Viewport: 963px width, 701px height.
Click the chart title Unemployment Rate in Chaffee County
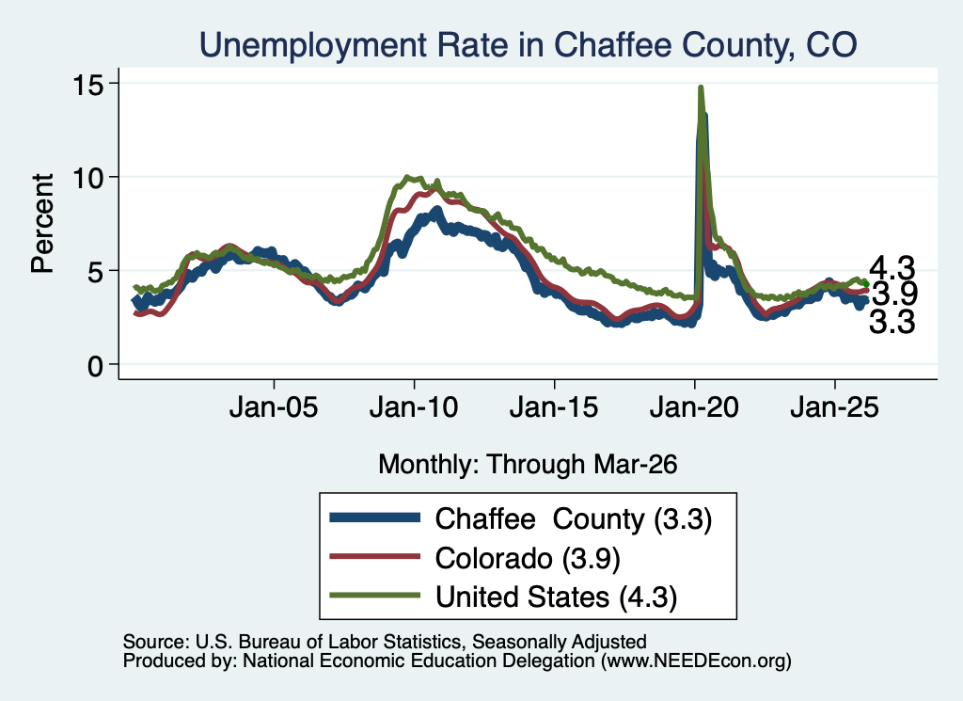(x=529, y=45)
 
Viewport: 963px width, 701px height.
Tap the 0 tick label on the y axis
(x=96, y=366)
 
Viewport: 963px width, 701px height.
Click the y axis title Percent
(x=43, y=224)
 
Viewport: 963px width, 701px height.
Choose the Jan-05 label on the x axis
(x=274, y=407)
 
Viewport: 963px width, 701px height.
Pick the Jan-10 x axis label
(x=414, y=407)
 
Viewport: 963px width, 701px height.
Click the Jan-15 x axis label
(x=554, y=407)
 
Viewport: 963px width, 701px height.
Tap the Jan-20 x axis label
(x=694, y=407)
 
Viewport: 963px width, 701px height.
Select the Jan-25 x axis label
(x=835, y=407)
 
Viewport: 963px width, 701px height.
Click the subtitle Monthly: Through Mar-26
(x=528, y=465)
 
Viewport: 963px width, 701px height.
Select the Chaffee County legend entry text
(x=574, y=519)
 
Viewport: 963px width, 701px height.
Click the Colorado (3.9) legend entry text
(x=528, y=559)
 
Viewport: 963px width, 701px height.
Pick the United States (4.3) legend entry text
(x=557, y=597)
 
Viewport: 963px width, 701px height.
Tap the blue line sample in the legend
(x=374, y=518)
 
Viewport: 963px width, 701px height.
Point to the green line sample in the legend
(x=374, y=596)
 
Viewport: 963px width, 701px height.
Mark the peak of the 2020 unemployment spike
(x=700, y=88)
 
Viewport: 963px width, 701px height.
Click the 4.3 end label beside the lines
(x=892, y=268)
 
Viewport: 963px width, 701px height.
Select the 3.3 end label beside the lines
(x=892, y=322)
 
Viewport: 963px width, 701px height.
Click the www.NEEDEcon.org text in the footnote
(x=696, y=661)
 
